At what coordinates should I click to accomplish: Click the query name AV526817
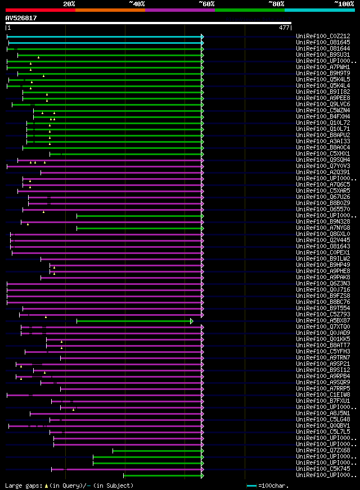[21, 18]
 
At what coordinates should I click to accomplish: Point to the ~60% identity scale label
[206, 4]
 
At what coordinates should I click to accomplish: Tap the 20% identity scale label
[69, 4]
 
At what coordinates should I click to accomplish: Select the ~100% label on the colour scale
[344, 4]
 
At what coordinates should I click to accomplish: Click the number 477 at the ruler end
[284, 28]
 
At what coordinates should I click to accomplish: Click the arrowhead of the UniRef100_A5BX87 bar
[191, 321]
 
